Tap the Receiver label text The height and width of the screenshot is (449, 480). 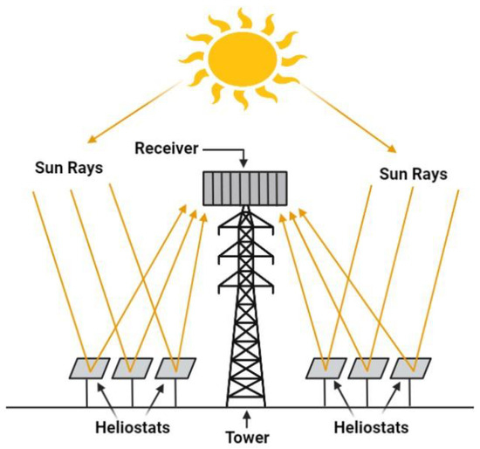(169, 146)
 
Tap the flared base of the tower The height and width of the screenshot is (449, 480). (246, 384)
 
